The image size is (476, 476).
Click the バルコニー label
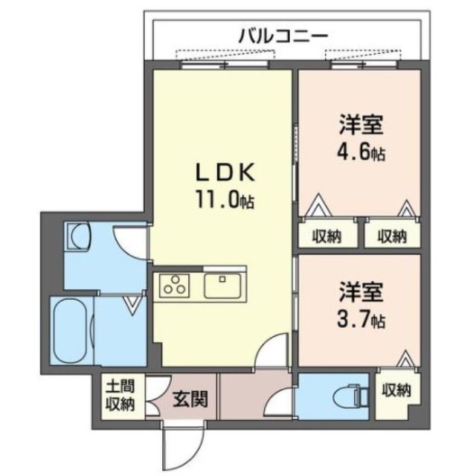click(x=283, y=34)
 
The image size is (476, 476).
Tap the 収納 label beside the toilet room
click(x=394, y=389)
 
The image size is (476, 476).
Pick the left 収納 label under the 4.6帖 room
click(x=326, y=237)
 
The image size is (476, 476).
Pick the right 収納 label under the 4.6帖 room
click(x=391, y=237)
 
